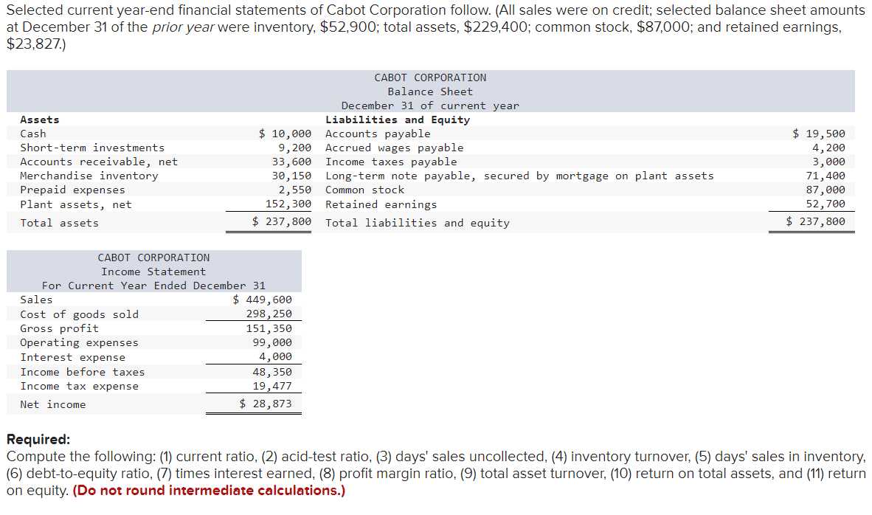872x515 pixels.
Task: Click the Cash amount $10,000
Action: coord(285,134)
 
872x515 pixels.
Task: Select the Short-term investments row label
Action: coord(92,148)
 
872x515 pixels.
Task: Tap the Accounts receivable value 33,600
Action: coord(291,162)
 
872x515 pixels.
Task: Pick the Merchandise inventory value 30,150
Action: coord(291,176)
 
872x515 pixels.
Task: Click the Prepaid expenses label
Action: coord(72,190)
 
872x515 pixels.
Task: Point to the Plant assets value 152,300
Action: coord(288,204)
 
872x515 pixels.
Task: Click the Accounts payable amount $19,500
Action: coord(819,134)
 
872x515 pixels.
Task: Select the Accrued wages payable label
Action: coord(395,148)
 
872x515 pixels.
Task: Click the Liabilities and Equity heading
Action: coord(398,120)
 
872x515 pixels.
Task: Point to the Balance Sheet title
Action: coord(430,91)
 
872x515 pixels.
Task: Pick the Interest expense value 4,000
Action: coord(275,357)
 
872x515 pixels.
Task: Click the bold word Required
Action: coord(38,440)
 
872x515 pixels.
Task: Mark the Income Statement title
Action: coord(153,272)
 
